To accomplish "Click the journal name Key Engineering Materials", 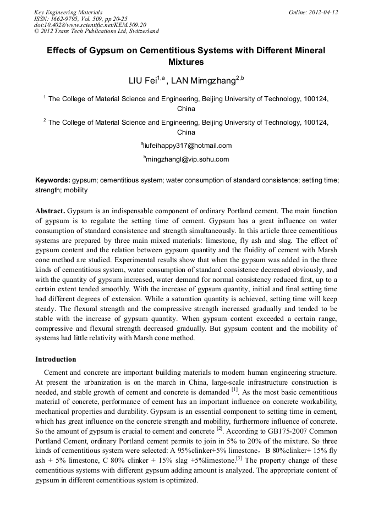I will (68, 12).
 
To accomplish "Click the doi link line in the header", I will (90, 25).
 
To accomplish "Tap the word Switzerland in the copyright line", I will (140, 31).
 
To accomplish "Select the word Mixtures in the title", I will (186, 62).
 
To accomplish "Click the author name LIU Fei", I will (142, 81).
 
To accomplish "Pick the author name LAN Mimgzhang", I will (203, 81).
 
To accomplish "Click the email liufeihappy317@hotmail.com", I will (187, 146).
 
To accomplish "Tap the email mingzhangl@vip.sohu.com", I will (187, 159).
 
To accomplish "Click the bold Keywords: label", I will (53, 180).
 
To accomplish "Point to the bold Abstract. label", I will (51, 211).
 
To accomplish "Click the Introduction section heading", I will (56, 359).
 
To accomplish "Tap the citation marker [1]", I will (234, 390).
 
